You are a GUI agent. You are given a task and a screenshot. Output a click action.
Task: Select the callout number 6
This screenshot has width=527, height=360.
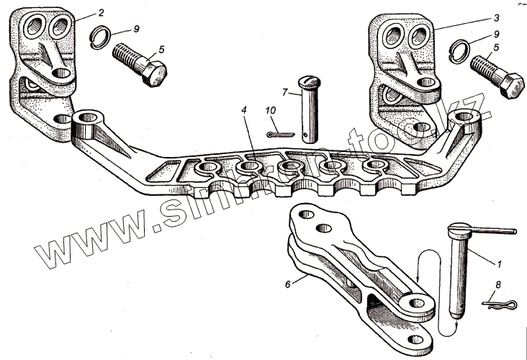(x=288, y=284)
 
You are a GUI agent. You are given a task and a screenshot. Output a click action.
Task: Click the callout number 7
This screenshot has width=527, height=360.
(x=285, y=93)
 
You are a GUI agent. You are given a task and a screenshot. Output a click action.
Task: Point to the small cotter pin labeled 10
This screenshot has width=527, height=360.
(x=276, y=134)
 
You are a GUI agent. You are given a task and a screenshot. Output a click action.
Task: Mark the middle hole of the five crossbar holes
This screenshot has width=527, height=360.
(x=288, y=168)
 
